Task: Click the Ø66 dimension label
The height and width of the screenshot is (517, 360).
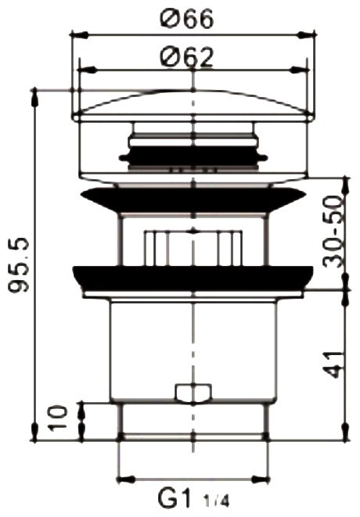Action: pyautogui.click(x=187, y=19)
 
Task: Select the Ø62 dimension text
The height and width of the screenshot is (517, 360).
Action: pyautogui.click(x=187, y=57)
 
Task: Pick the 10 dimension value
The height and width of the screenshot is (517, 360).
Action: pyautogui.click(x=57, y=418)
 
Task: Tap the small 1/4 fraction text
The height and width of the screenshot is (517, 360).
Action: pyautogui.click(x=216, y=502)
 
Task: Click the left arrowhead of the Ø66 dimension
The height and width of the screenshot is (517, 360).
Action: pyautogui.click(x=80, y=34)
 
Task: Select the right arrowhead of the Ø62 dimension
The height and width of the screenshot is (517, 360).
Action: pyautogui.click(x=299, y=70)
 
